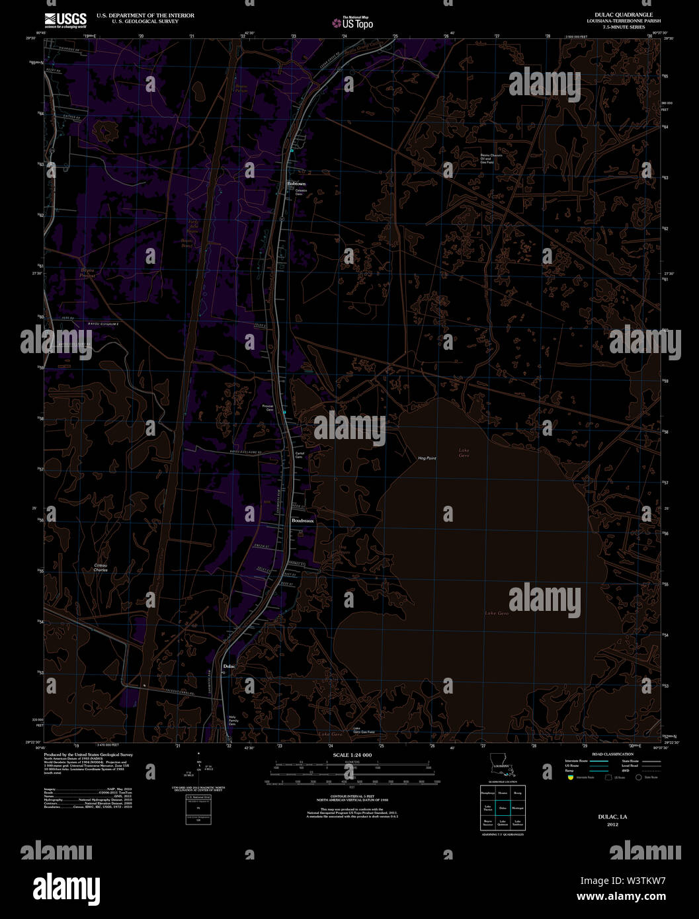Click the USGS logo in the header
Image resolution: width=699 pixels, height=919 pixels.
coord(65,20)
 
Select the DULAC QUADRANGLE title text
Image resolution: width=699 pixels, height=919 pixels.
coord(624,15)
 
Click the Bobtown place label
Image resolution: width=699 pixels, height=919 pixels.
coord(296,183)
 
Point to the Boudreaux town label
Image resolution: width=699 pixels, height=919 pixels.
coord(303,521)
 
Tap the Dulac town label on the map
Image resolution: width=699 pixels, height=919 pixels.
coord(229,666)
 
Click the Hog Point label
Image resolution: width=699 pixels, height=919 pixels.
coord(427,458)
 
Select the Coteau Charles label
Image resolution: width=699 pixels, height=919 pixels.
coord(101,567)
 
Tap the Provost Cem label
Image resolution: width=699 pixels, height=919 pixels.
coord(268,408)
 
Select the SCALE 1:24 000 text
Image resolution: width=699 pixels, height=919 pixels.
coord(352,755)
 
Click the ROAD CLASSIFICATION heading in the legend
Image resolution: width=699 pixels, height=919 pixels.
coord(612,754)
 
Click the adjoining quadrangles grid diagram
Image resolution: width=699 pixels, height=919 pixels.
coord(502,807)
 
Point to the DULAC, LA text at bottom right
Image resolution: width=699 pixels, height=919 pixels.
coord(612,817)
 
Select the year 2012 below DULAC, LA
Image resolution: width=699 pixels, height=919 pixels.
coord(612,824)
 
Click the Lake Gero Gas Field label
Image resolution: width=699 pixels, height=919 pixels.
coord(363,730)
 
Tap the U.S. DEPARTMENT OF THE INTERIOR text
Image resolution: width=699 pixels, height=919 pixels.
coord(145,15)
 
